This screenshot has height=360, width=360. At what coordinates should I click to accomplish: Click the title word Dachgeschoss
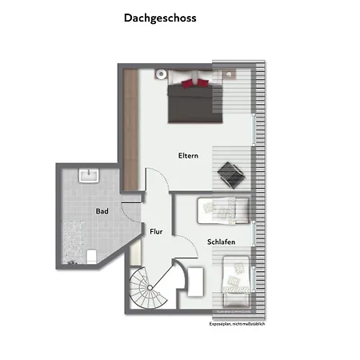coord(160,17)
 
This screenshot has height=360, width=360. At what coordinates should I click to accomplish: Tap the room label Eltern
coord(188,155)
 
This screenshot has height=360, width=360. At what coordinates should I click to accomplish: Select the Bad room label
coord(102,211)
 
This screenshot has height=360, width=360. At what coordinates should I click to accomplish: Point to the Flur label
coord(156,231)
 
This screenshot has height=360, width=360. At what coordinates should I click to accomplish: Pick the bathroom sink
coord(87,174)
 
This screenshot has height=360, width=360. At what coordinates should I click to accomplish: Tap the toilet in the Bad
coord(91,256)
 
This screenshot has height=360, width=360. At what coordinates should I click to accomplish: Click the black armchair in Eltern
coord(231,174)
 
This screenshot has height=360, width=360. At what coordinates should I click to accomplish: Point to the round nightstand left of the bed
coord(160,73)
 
